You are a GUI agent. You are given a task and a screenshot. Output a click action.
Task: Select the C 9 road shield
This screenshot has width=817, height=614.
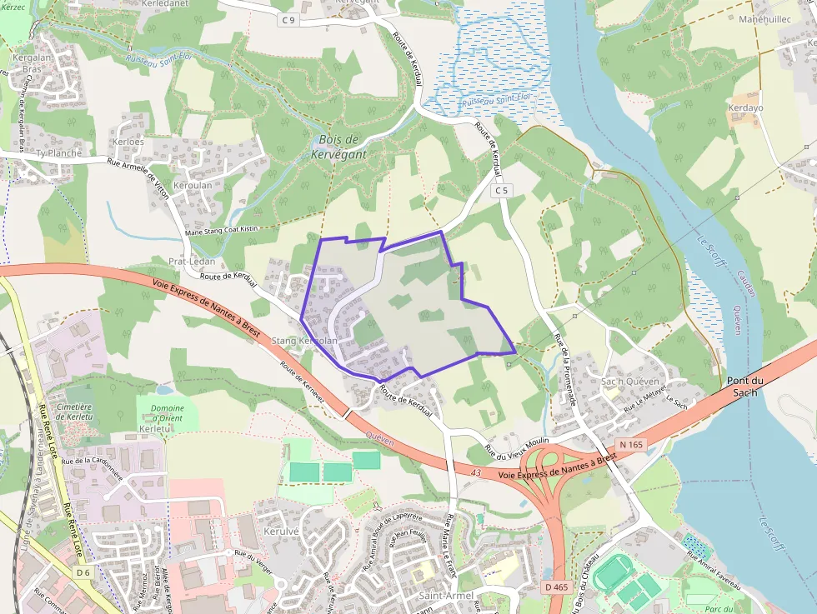tap(288, 19)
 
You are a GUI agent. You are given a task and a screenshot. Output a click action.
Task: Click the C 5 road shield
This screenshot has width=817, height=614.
tap(499, 191)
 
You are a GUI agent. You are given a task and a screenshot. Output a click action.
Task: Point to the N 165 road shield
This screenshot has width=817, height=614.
tap(631, 445)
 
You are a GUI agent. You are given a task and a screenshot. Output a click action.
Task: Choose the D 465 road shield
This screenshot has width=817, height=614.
tap(557, 587)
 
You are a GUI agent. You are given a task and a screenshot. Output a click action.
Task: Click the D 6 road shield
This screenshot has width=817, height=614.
tap(83, 572)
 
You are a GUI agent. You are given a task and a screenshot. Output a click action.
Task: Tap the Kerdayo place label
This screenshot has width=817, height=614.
tap(745, 108)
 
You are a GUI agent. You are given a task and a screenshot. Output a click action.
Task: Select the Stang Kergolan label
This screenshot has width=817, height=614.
tap(304, 341)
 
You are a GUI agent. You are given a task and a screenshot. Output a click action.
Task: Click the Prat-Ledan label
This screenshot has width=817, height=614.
tap(192, 261)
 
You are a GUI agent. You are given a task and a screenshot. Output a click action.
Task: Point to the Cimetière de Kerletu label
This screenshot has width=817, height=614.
tap(75, 412)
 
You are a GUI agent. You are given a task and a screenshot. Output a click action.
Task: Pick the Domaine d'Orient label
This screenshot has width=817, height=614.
tap(168, 413)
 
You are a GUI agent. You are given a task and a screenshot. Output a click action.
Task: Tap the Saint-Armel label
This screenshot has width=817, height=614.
tap(445, 597)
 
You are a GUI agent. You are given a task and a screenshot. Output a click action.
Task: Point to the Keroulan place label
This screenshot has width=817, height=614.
tap(193, 185)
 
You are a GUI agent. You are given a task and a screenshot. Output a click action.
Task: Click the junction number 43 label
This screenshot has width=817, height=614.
tap(476, 473)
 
